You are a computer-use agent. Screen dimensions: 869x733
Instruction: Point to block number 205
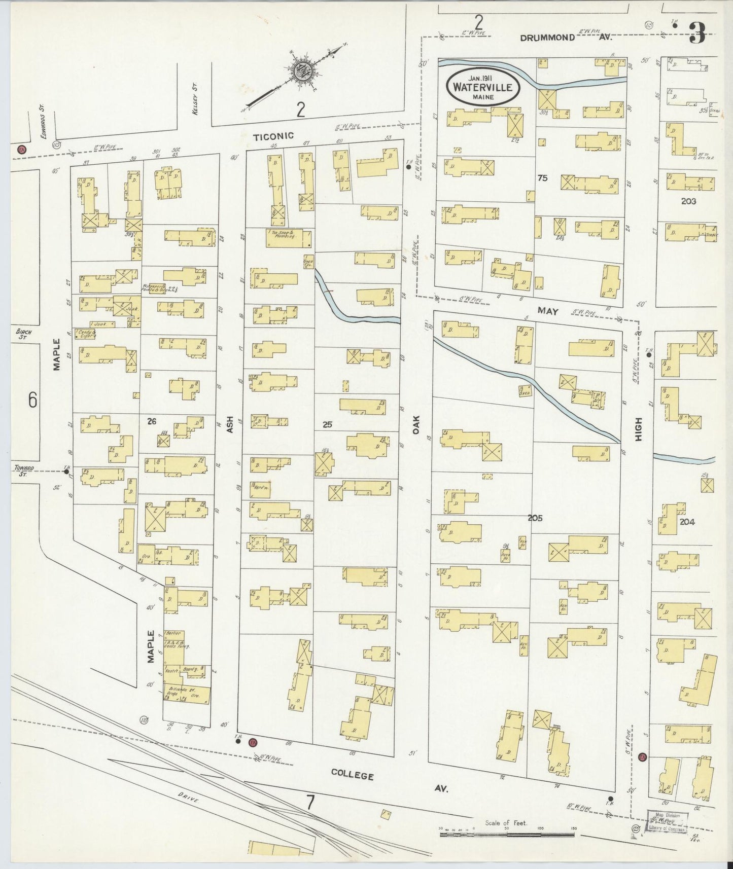tap(535, 518)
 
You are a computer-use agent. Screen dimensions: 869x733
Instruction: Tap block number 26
tap(151, 420)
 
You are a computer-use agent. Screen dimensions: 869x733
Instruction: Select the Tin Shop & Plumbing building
tap(288, 238)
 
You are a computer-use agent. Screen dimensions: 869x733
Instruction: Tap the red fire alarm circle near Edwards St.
tap(21, 150)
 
